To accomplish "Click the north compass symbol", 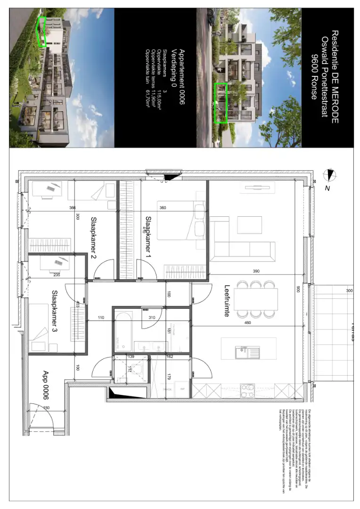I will [x=329, y=175].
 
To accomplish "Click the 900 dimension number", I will [x=297, y=288].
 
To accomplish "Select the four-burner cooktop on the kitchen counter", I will [x=247, y=390].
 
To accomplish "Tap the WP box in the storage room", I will [x=181, y=390].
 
